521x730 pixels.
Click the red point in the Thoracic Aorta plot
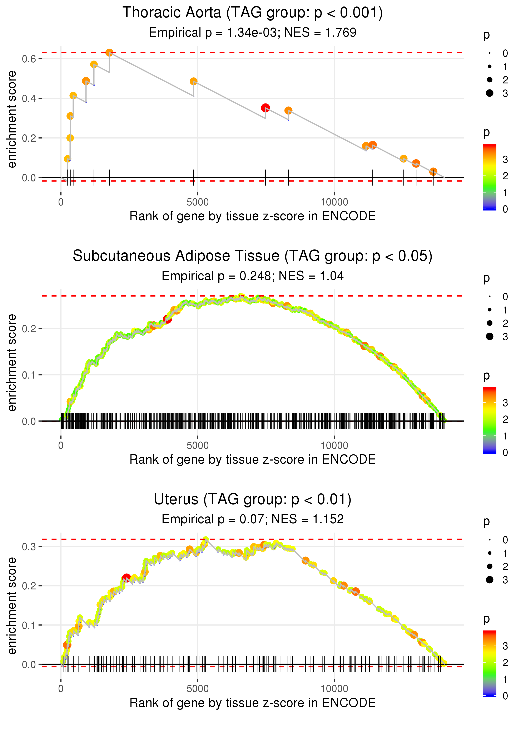coord(265,108)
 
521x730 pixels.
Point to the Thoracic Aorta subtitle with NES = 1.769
coord(253,32)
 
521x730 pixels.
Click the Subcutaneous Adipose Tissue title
coord(253,256)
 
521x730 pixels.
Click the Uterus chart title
coord(253,500)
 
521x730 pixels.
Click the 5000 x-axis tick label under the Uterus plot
coord(198,688)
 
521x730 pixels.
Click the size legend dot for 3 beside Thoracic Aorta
coord(490,93)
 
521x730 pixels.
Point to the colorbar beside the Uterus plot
coord(490,663)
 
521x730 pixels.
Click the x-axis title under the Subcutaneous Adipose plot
coord(253,459)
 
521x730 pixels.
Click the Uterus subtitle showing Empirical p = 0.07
coord(253,519)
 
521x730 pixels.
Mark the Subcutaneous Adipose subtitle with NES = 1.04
coord(253,276)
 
